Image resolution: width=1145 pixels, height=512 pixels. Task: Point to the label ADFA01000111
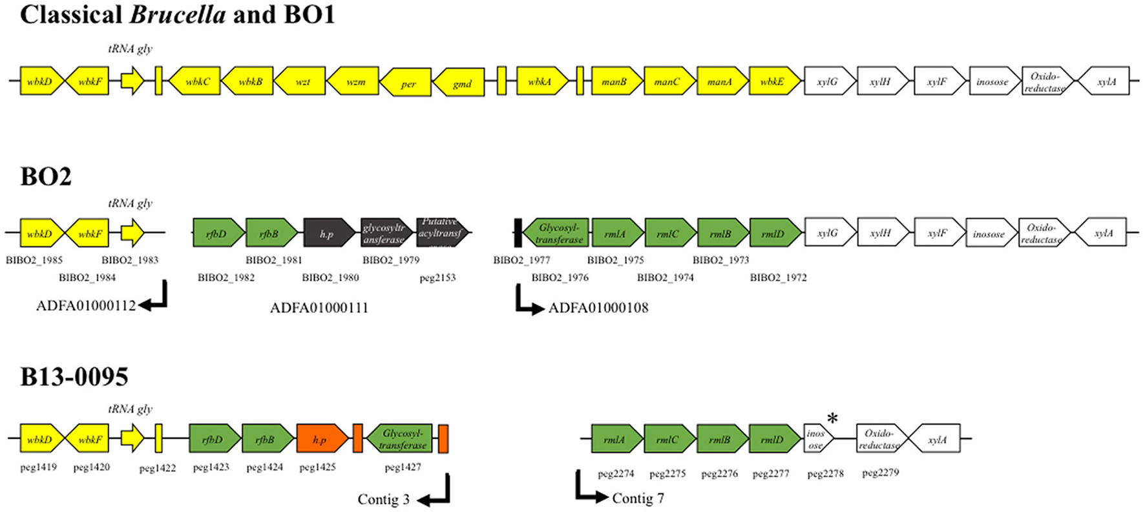(319, 308)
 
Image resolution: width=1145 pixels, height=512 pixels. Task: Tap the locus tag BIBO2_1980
(330, 277)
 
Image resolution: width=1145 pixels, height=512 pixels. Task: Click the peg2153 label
(437, 277)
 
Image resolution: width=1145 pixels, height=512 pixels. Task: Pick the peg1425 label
(317, 467)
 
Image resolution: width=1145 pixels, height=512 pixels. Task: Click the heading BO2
(45, 176)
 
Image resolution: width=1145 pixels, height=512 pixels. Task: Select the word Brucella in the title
(178, 14)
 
